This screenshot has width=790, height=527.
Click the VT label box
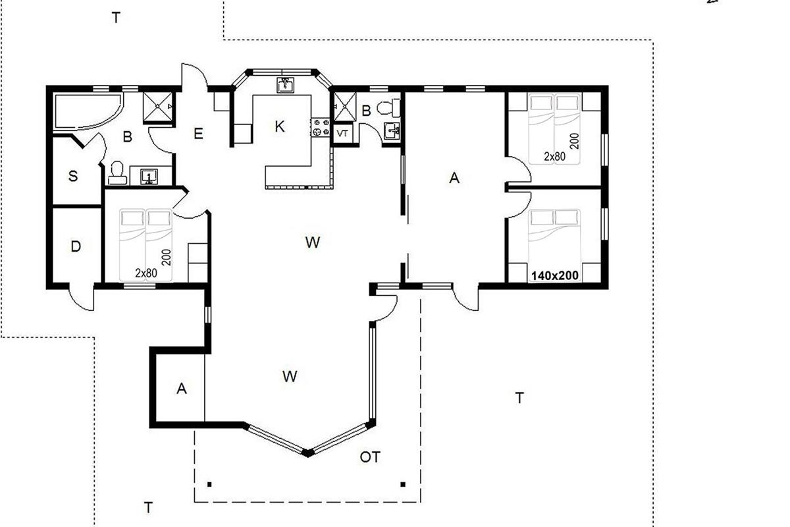point(342,134)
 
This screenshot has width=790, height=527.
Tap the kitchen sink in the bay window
point(285,85)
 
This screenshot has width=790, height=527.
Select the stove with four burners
point(320,127)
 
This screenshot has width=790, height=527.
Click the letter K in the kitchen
point(280,126)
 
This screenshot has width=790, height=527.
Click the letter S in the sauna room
point(73,175)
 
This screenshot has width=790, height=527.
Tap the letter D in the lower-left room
point(76,246)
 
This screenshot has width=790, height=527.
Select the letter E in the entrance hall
point(199,134)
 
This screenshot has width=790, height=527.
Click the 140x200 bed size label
point(555,275)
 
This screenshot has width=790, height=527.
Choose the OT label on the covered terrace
point(370,457)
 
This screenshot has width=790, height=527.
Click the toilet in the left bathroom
point(117,173)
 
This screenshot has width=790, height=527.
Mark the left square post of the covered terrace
point(209,484)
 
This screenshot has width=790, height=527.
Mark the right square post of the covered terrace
point(403,484)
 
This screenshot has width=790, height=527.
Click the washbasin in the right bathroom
point(392,131)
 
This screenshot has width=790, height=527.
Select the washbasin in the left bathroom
point(149,177)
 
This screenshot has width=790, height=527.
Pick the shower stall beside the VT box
point(345,107)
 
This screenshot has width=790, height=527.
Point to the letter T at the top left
point(116,17)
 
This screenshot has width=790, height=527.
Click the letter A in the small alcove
point(181,388)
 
